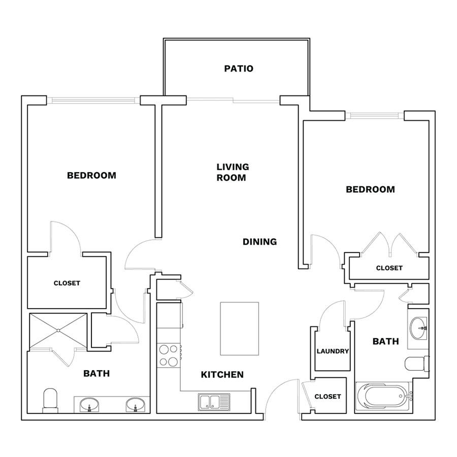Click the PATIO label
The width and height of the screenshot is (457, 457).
pyautogui.click(x=239, y=69)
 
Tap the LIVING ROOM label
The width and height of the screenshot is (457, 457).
pyautogui.click(x=233, y=172)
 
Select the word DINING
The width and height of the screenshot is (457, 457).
pyautogui.click(x=259, y=242)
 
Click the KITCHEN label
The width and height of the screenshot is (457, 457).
pyautogui.click(x=222, y=375)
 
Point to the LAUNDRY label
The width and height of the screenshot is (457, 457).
pyautogui.click(x=333, y=351)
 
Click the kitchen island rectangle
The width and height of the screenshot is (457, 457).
pyautogui.click(x=239, y=329)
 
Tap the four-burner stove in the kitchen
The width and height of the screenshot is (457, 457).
pyautogui.click(x=169, y=355)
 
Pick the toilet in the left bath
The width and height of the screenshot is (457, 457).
pyautogui.click(x=50, y=401)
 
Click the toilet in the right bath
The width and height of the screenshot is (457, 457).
pyautogui.click(x=417, y=364)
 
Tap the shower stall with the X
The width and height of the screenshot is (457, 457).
pyautogui.click(x=58, y=331)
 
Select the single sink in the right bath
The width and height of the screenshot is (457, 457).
pyautogui.click(x=418, y=328)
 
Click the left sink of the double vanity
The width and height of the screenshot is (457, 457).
pyautogui.click(x=89, y=405)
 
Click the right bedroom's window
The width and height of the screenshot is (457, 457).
pyautogui.click(x=375, y=116)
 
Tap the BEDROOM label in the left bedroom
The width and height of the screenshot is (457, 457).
pyautogui.click(x=91, y=176)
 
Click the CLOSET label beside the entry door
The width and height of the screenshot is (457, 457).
pyautogui.click(x=328, y=397)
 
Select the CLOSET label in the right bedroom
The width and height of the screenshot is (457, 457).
pyautogui.click(x=389, y=268)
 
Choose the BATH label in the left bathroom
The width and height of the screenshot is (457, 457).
pyautogui.click(x=96, y=373)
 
